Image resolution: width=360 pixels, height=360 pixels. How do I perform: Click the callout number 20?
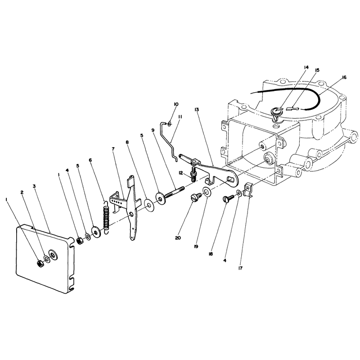coord(178,238)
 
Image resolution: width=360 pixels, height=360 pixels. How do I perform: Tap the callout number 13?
coord(197,110)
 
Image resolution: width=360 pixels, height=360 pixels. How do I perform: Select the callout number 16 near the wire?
coord(344,77)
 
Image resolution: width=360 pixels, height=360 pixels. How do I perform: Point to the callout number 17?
coord(240,268)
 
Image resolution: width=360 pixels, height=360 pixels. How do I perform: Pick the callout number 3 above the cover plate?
coord(34,186)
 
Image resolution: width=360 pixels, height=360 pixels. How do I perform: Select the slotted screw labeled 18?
coord(228,198)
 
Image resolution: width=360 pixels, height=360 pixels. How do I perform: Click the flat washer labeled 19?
coord(207,191)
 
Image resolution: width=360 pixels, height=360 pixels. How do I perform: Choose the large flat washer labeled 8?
coord(148,206)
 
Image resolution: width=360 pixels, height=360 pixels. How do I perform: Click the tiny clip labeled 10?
coord(169,125)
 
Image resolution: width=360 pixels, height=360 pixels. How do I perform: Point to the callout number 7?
coord(113,149)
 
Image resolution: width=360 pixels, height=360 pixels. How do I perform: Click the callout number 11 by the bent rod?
coord(180,117)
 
